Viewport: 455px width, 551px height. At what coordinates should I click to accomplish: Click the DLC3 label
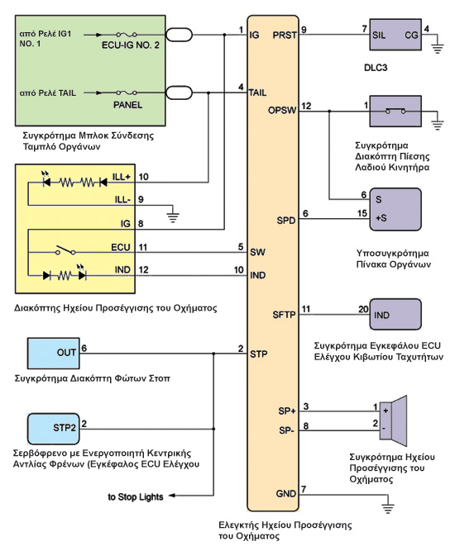376,68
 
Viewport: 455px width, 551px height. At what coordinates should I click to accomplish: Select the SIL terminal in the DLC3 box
379,36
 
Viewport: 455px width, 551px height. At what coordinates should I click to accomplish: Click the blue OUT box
53,354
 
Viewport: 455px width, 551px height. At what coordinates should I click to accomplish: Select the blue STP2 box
53,429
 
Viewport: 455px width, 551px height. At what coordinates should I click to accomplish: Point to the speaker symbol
394,420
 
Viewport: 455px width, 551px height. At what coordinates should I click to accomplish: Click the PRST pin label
285,36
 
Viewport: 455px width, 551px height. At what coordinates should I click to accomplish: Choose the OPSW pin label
282,111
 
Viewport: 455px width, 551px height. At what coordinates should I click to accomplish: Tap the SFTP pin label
284,315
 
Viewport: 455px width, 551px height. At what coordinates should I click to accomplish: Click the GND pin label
286,494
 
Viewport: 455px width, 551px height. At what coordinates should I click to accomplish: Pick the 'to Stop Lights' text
136,496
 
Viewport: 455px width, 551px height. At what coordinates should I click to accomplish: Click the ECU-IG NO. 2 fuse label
131,45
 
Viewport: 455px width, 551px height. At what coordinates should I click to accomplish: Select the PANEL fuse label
127,105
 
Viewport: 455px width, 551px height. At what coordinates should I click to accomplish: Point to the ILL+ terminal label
122,177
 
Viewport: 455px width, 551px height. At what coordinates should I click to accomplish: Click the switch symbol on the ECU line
65,250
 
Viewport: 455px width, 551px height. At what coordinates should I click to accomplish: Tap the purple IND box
395,314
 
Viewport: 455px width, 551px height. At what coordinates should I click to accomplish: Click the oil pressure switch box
395,111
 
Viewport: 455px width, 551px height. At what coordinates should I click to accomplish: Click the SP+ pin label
287,411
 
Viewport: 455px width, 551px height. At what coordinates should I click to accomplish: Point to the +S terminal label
381,218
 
